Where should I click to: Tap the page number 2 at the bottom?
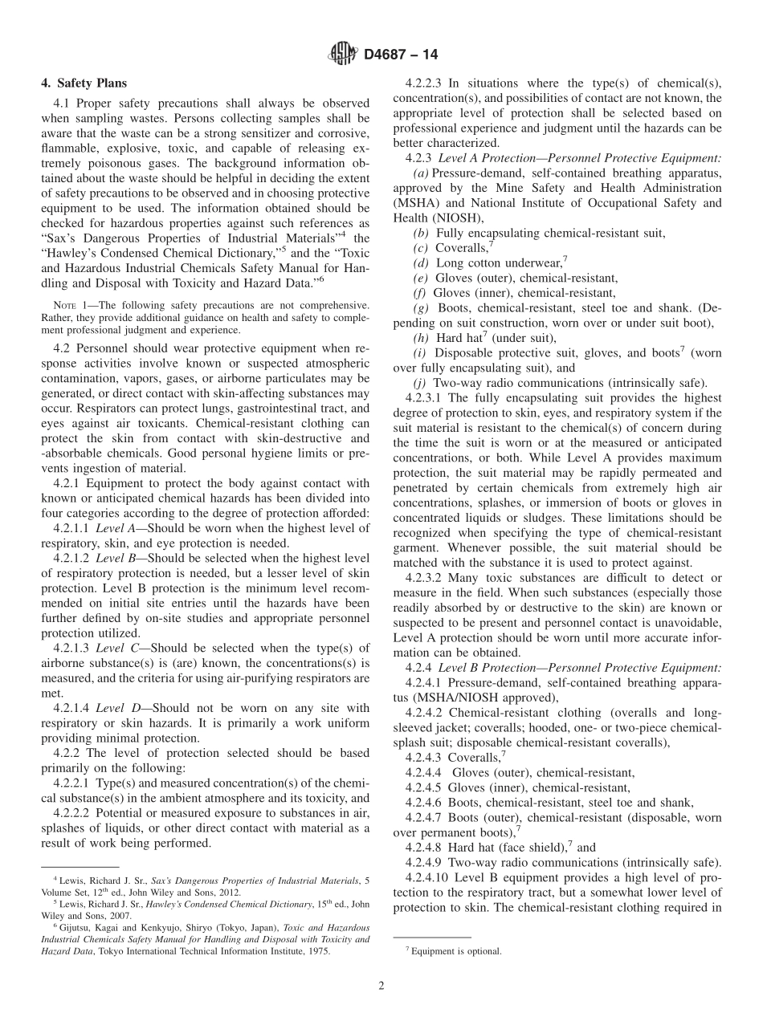[381, 986]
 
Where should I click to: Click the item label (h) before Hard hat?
[422, 338]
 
